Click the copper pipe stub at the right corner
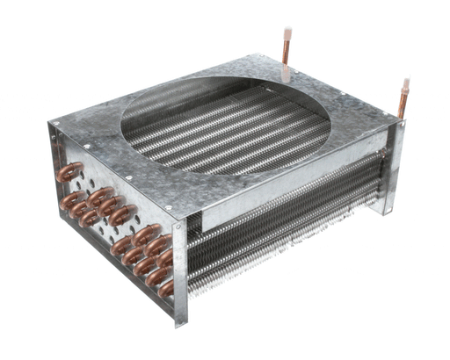tap(403, 97)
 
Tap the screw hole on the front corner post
tap(181, 235)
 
